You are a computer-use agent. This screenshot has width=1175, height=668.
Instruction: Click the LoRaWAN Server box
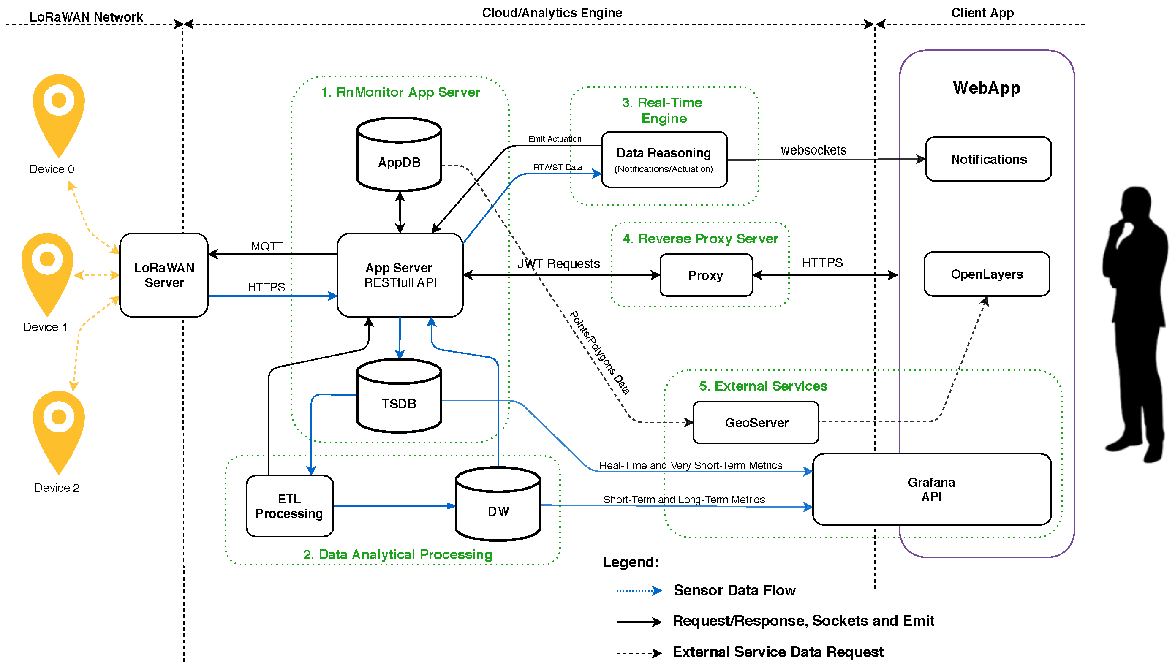[x=164, y=275]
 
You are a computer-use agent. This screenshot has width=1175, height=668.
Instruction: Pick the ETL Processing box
[x=289, y=506]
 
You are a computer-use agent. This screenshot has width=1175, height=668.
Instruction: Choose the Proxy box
[x=705, y=275]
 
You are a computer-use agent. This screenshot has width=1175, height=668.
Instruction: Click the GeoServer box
[x=756, y=423]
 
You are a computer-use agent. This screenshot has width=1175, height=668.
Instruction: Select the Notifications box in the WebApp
[x=988, y=159]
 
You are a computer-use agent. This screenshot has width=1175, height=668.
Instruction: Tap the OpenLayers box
[x=987, y=274]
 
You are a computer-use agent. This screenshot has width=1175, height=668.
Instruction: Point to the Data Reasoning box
[x=664, y=160]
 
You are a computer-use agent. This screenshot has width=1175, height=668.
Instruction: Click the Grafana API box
[x=931, y=489]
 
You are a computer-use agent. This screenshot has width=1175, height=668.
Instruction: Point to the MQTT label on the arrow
[x=267, y=246]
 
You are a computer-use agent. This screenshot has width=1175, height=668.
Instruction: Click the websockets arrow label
[x=813, y=150]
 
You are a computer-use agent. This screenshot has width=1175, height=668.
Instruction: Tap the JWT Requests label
[x=558, y=264]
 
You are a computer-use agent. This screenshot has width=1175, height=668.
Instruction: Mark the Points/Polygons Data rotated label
[x=599, y=352]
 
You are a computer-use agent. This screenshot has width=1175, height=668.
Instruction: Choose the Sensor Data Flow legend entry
[x=734, y=590]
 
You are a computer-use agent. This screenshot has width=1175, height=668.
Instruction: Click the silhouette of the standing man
[x=1136, y=321]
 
